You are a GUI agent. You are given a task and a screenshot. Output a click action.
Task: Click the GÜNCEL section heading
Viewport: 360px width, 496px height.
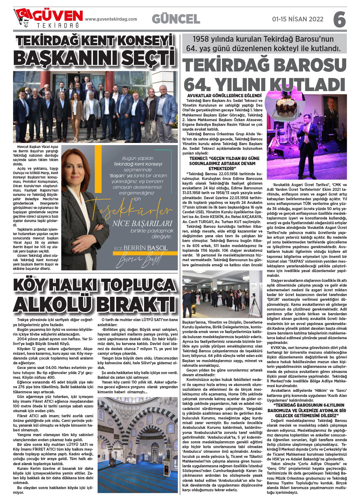(176, 19)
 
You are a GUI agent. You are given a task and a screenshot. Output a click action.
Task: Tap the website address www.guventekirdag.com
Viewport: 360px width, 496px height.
(111, 19)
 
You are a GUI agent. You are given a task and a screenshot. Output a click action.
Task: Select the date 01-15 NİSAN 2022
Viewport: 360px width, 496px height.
(298, 19)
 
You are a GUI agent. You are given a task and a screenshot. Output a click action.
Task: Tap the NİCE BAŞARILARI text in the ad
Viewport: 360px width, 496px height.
(142, 223)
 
